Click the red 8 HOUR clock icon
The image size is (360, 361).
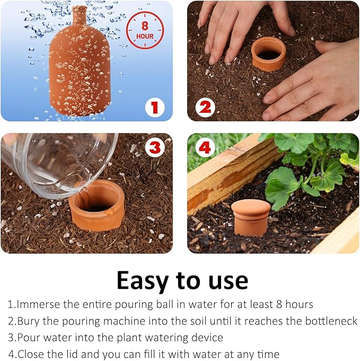click(x=145, y=30)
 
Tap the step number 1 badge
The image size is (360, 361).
click(x=155, y=107)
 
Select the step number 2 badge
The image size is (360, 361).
click(x=205, y=107)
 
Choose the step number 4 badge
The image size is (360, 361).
click(x=205, y=148)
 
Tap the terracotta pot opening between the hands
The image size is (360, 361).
click(x=268, y=54)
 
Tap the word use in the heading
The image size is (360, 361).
click(x=229, y=281)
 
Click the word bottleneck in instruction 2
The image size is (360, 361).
click(x=331, y=321)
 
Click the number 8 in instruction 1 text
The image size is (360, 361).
click(x=279, y=304)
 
